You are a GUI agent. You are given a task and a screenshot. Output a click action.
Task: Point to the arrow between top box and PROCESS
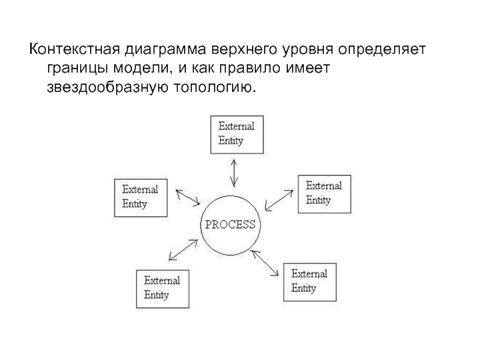(234, 173)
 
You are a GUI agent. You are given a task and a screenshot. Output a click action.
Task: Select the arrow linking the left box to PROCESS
(188, 197)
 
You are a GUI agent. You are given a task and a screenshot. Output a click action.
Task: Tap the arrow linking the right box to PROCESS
(279, 200)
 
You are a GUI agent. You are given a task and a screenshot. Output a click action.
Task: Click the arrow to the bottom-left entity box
(184, 250)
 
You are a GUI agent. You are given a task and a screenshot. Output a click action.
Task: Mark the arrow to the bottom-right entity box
(265, 263)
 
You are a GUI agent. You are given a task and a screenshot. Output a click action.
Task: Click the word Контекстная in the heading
(74, 49)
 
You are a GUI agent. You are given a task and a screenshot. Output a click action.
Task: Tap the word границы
(77, 68)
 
